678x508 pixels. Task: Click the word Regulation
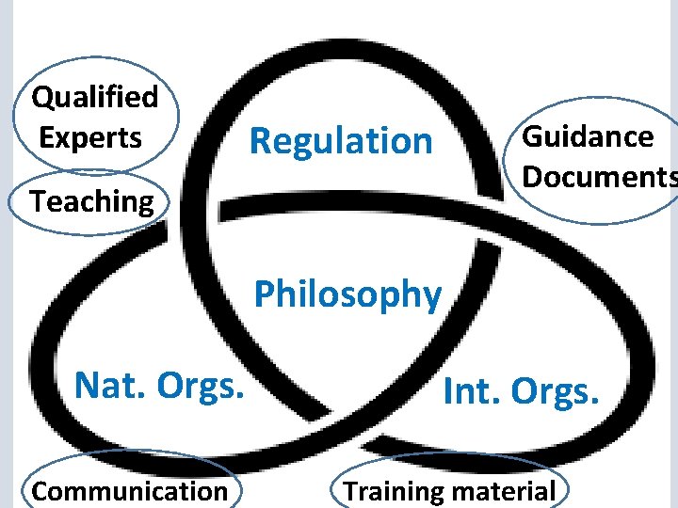[341, 142]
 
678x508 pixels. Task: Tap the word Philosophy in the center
[347, 294]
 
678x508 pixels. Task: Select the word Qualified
[94, 97]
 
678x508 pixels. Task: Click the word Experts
[90, 137]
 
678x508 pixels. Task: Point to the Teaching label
[91, 201]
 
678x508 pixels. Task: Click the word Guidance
[588, 137]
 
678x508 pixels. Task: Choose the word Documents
[599, 176]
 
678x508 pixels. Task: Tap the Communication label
[129, 491]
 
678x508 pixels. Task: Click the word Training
[393, 491]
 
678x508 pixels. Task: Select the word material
[503, 491]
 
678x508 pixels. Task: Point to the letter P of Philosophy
[265, 294]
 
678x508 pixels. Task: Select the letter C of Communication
[40, 491]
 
